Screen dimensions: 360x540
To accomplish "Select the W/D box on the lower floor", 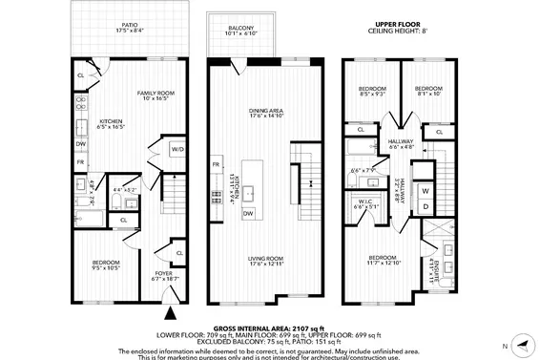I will pos(177,150).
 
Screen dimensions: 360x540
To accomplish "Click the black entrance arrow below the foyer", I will pos(171,312).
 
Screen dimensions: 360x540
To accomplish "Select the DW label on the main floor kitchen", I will pos(247,212).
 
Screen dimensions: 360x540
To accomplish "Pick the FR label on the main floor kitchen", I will pos(217,166).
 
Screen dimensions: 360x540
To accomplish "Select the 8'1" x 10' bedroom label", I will pos(426,92).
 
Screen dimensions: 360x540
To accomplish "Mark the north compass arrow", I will pos(517,344).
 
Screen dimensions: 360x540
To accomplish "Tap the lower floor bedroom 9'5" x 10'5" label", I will pos(106,266).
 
